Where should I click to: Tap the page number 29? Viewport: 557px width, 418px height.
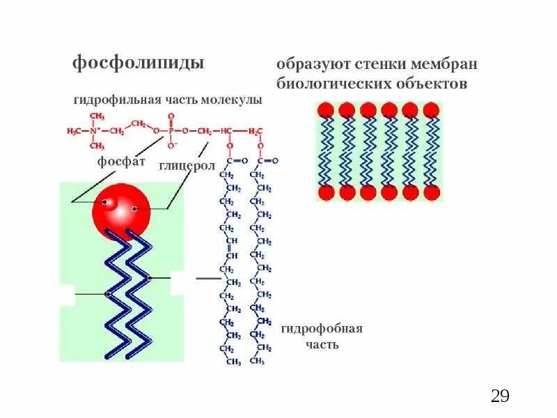500,396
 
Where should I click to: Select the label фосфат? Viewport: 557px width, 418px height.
121,162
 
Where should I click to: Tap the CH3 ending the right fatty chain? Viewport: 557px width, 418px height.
257,362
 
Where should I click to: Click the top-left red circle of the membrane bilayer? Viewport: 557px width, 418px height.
325,110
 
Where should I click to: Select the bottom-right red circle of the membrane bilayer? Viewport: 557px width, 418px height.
432,193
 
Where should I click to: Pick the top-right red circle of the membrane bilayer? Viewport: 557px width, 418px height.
432,110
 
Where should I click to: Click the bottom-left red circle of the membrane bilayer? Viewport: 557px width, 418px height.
325,193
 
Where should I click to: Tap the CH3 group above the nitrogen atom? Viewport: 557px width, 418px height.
97,116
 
